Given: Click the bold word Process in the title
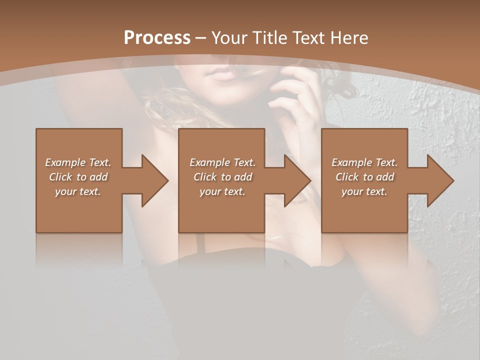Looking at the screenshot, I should (157, 37).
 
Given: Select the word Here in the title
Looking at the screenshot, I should (349, 37).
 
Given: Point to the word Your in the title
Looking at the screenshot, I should (229, 37).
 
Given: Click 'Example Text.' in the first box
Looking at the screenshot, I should (78, 162).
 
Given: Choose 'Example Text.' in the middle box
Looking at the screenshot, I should (222, 162).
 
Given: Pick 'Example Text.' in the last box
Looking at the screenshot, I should (364, 162).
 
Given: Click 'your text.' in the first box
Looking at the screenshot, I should (78, 191).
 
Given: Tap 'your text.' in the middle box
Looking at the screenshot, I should (222, 191).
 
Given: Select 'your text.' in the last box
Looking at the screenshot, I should (364, 191).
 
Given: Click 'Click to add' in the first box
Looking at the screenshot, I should (78, 177).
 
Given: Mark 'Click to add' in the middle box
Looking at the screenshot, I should (222, 177).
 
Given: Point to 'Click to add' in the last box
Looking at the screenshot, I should (364, 177).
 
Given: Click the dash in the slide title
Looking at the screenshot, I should (201, 38).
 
